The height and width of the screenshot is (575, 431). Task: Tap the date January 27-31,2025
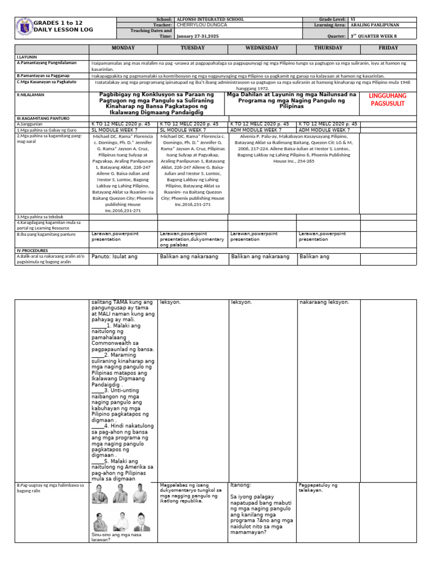coord(200,36)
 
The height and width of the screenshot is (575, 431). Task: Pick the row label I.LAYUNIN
coord(26,57)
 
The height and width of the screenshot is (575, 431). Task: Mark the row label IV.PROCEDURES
coord(33,250)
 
